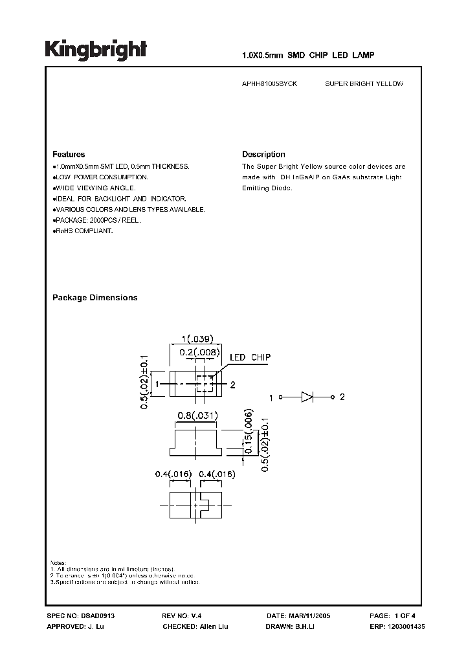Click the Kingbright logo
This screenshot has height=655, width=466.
(96, 49)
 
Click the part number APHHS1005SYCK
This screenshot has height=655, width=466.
(270, 84)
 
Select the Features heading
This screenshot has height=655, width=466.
(69, 155)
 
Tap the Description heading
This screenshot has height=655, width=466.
(263, 155)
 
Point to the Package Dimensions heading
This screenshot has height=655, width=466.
(94, 298)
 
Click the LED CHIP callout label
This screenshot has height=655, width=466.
(250, 357)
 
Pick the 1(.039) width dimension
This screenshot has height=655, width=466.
(197, 339)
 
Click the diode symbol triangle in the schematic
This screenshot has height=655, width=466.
(307, 397)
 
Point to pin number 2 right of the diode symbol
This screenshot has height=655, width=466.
(342, 397)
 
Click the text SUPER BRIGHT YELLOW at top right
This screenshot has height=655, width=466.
(364, 84)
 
